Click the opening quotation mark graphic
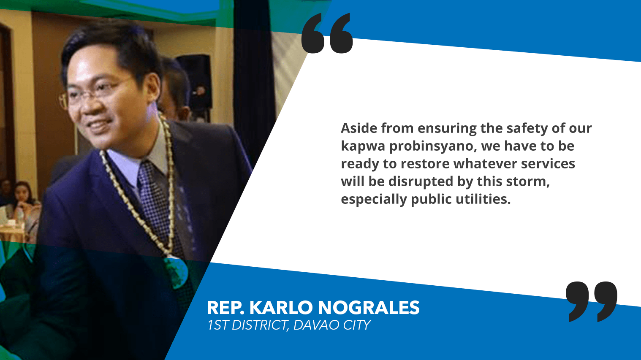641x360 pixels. tap(327, 33)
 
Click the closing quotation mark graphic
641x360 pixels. tap(592, 302)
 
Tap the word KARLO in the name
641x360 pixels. tap(281, 308)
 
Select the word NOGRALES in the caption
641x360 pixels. tap(369, 308)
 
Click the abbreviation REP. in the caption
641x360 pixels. tap(225, 308)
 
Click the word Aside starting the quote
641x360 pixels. tap(359, 128)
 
